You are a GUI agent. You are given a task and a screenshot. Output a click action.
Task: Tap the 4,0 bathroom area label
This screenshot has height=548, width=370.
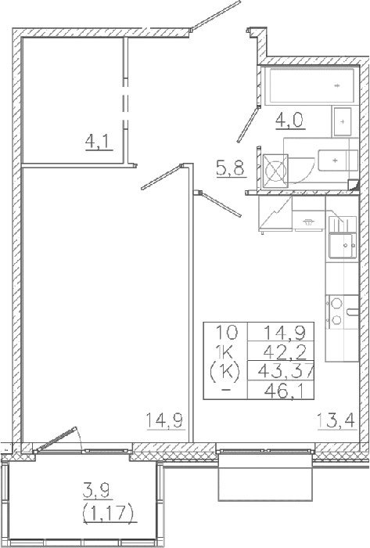290,121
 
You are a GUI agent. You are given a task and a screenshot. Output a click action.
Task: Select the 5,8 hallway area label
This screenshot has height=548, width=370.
231,169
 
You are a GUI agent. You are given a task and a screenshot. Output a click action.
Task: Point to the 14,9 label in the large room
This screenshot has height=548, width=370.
165,420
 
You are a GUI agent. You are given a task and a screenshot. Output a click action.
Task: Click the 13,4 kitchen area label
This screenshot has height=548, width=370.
336,420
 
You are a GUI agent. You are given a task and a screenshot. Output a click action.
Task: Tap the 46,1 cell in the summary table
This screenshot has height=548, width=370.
286,391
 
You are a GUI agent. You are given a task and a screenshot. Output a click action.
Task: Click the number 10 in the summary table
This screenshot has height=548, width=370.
226,333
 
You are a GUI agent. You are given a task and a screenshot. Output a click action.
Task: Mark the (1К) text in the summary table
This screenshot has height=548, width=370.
225,373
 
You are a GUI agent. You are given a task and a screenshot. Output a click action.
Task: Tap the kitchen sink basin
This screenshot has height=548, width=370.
341,246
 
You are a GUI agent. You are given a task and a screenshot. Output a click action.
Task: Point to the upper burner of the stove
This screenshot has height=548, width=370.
336,304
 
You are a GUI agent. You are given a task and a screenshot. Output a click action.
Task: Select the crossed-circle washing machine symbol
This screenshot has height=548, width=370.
275,171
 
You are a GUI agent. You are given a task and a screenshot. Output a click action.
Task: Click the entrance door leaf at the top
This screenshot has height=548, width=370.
215,16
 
